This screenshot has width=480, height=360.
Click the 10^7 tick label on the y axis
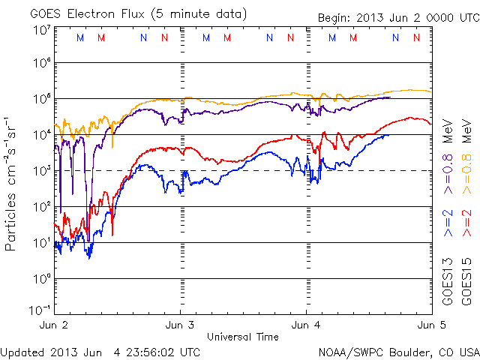point(41,30)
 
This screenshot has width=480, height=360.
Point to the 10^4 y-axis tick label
point(41,133)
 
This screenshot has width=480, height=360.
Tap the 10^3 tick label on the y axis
point(41,169)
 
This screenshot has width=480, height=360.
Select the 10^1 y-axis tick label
point(41,241)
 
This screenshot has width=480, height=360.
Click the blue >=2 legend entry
point(447,223)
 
